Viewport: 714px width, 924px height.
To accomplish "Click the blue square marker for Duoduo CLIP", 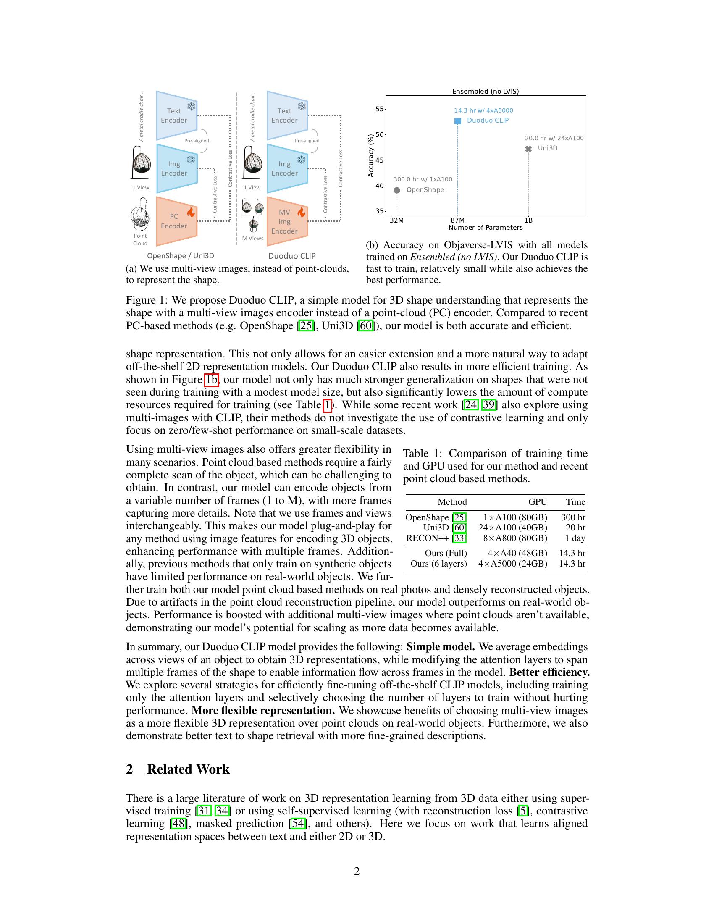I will (457, 121).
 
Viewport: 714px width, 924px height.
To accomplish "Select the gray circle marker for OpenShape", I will (397, 190).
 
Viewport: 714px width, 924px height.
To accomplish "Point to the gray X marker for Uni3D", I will (528, 149).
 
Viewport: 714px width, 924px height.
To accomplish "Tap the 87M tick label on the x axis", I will (457, 220).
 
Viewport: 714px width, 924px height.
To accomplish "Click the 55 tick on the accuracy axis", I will (379, 109).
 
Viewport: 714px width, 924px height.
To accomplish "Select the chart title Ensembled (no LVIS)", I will (485, 92).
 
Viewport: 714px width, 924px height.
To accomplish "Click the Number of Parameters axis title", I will (485, 228).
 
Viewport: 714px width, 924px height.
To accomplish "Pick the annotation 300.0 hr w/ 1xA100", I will (423, 179).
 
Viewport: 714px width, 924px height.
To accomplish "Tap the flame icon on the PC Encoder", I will (191, 212).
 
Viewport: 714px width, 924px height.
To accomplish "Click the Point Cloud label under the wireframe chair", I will (140, 239).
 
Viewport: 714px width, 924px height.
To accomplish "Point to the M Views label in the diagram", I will (252, 239).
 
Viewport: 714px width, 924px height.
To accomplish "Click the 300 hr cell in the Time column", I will (573, 517).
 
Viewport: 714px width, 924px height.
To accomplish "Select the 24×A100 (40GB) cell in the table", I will (513, 528).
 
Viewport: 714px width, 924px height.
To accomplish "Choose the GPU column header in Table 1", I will (537, 502).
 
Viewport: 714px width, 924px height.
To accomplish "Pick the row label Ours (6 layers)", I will (438, 564).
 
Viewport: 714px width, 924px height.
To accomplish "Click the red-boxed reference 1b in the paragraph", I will (212, 380).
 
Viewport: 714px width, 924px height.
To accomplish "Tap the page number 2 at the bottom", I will (357, 871).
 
